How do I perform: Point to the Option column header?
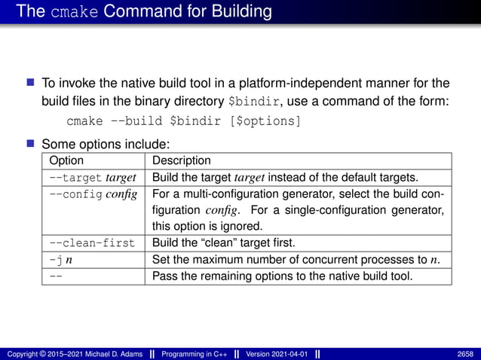click(x=66, y=160)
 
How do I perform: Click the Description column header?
click(x=182, y=160)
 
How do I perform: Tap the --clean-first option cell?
click(x=92, y=243)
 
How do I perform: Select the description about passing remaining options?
click(x=282, y=276)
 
